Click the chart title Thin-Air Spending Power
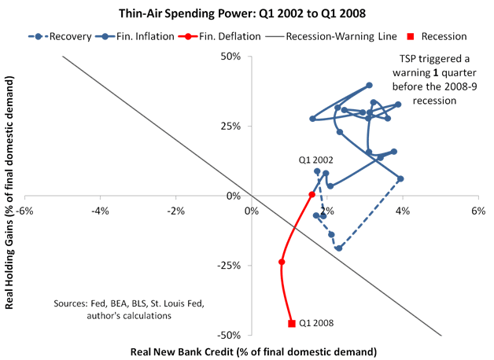[x=246, y=13]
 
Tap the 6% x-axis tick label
[x=478, y=211]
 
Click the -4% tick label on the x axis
[x=100, y=211]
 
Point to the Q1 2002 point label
[x=315, y=160]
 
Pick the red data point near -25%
[x=282, y=262]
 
